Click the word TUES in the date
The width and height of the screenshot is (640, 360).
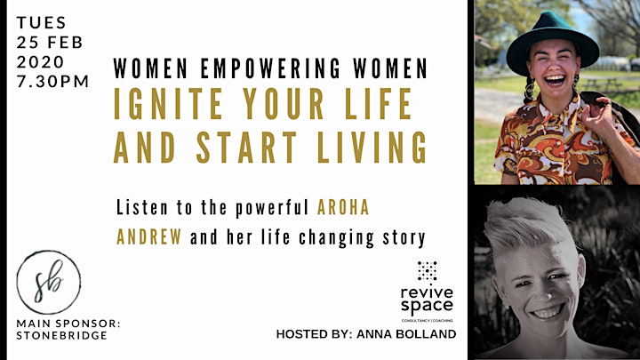point(41,22)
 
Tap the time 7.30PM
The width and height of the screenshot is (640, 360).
point(52,81)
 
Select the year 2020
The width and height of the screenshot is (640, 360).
point(40,62)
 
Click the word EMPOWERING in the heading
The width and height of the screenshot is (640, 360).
point(270,68)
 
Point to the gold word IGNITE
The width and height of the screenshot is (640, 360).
point(167,104)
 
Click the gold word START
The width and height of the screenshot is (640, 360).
point(246,148)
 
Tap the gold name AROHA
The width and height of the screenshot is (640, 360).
point(343,207)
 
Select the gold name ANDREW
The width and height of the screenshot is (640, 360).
point(149,236)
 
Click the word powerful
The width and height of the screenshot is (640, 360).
point(271,209)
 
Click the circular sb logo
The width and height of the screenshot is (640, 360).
point(49,282)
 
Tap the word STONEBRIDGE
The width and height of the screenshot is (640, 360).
point(61,335)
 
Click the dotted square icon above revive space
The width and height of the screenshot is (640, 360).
point(427,271)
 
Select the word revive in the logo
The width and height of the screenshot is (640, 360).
point(427,292)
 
